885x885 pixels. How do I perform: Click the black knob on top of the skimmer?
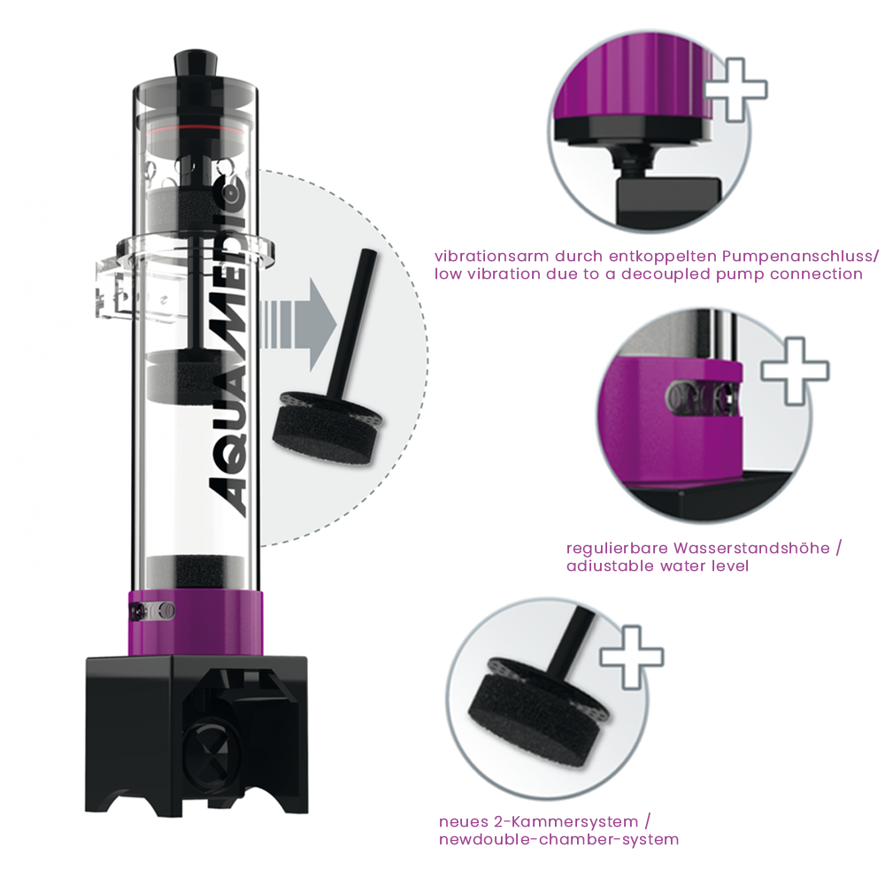click(x=196, y=63)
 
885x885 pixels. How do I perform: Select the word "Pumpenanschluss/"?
click(x=800, y=257)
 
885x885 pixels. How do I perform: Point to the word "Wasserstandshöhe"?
click(x=751, y=548)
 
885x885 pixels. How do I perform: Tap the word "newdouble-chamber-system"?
click(x=558, y=839)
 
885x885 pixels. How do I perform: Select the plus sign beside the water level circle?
click(x=795, y=371)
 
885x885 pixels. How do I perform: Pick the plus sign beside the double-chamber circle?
click(x=632, y=657)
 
